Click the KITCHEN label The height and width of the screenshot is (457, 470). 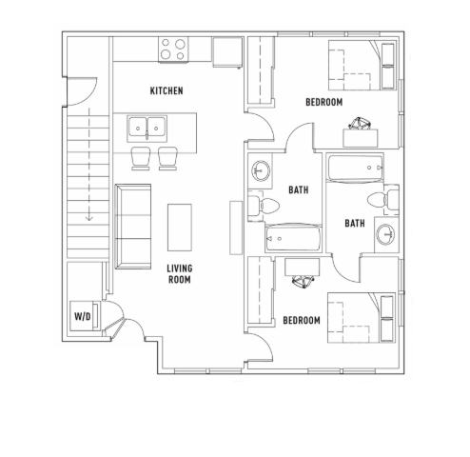coord(166,90)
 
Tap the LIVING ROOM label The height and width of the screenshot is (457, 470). coord(180,274)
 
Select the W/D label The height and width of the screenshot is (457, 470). coord(83,316)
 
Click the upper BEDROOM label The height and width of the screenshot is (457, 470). coord(323,102)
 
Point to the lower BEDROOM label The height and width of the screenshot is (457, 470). coord(302,320)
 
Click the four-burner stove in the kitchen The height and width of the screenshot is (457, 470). coord(173,50)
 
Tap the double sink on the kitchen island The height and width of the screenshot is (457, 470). coord(147,129)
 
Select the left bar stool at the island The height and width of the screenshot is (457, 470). coord(141,158)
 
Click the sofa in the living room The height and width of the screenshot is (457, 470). coord(133,227)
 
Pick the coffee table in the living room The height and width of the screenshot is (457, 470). coord(180,228)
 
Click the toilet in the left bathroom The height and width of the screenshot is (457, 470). coord(264,206)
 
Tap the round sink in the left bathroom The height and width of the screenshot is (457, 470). coord(261,171)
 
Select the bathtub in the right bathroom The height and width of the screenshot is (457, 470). coord(355,168)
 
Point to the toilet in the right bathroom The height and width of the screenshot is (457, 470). coord(383,200)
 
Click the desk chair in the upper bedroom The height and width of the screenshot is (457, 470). coord(360,124)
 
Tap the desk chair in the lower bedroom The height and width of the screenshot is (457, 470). coord(303,282)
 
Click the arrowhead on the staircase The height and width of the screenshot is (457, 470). coord(89,218)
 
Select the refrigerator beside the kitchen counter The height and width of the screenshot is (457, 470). coord(227,52)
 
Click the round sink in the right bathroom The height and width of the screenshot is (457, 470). coord(385,234)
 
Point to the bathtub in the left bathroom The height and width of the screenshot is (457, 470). coord(293,238)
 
